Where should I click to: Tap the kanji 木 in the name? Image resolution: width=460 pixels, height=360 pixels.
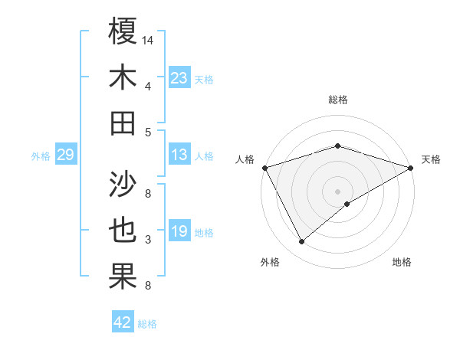click(x=123, y=77)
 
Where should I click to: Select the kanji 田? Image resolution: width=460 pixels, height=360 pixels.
click(x=123, y=123)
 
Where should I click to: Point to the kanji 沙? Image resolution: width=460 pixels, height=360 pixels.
click(x=123, y=182)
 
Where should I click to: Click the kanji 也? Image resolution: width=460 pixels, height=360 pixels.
click(x=123, y=231)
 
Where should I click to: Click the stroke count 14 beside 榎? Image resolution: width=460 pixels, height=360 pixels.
click(x=149, y=39)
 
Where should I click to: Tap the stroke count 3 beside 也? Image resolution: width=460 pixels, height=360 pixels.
click(x=148, y=240)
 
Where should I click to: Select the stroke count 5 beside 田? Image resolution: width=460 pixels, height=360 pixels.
click(x=148, y=133)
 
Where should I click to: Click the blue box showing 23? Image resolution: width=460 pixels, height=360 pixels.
click(x=179, y=78)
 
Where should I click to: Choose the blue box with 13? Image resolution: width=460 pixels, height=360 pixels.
click(x=179, y=155)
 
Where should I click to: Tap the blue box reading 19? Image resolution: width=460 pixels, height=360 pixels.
click(x=179, y=231)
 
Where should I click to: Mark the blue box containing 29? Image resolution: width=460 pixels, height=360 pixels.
click(x=65, y=155)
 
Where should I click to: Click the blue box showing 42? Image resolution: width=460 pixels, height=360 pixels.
click(x=123, y=322)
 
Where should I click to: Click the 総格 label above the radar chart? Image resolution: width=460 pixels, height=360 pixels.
click(x=338, y=100)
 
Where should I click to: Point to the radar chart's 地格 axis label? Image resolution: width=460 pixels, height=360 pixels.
click(x=402, y=262)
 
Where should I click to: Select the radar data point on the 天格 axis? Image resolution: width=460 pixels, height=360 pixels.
click(x=411, y=167)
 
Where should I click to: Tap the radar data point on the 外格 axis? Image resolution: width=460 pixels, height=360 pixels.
click(x=301, y=241)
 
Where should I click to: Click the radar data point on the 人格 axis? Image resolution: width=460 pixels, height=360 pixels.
click(x=264, y=167)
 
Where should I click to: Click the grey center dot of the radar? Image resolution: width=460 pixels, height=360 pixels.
click(x=338, y=191)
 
